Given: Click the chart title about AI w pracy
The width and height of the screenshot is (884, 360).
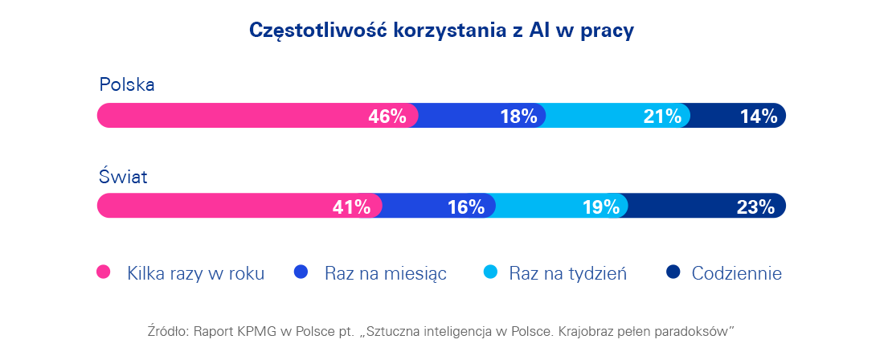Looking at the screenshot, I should click(441, 30).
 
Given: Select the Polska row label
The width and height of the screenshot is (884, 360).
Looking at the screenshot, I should click(126, 84).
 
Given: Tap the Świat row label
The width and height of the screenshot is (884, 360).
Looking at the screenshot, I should click(123, 177).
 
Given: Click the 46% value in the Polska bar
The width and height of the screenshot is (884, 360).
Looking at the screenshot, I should click(387, 117).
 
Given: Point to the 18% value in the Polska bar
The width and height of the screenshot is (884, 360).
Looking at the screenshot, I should click(518, 117).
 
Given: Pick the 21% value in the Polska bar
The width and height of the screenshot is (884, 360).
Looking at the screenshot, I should click(662, 117).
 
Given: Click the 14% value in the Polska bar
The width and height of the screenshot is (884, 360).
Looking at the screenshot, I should click(759, 117).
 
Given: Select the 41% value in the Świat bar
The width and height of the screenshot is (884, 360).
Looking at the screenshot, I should click(351, 207).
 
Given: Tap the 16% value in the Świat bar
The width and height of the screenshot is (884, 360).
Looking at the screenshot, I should click(466, 207).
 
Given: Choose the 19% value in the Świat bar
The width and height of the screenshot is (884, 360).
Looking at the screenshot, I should click(601, 207).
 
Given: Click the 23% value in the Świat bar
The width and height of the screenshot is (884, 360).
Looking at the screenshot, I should click(755, 207).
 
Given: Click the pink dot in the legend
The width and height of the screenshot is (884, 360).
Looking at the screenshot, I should click(104, 272).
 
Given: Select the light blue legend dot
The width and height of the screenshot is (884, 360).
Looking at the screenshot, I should click(489, 272).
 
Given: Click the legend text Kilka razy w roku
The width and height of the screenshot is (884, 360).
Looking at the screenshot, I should click(195, 273).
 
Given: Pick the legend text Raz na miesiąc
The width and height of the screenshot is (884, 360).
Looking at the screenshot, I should click(386, 273).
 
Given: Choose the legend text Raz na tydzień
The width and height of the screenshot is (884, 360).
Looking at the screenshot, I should click(567, 273).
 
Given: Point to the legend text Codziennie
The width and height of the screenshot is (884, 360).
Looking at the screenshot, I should click(736, 273).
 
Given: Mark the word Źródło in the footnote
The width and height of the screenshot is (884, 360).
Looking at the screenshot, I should click(167, 330).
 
